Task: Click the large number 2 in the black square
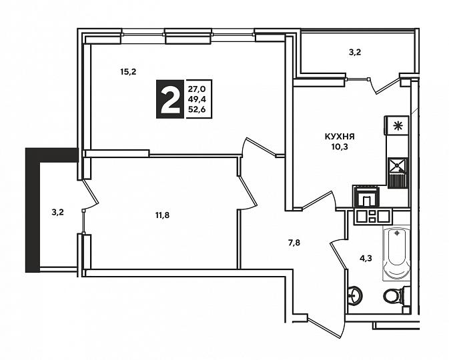point(170,99)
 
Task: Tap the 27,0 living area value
point(196,89)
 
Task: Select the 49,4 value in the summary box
point(197,99)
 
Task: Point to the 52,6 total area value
point(197,109)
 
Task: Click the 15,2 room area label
point(128,72)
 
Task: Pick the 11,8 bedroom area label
point(162,215)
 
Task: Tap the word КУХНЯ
point(340,137)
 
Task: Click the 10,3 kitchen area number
point(340,147)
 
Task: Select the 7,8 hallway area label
point(294,243)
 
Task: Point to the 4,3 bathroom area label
point(366,259)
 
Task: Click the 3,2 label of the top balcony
point(355,53)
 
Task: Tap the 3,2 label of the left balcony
point(57,213)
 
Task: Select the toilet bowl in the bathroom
point(394,295)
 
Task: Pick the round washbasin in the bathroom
point(356,295)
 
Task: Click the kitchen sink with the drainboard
point(398,173)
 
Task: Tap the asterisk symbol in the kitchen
point(398,125)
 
